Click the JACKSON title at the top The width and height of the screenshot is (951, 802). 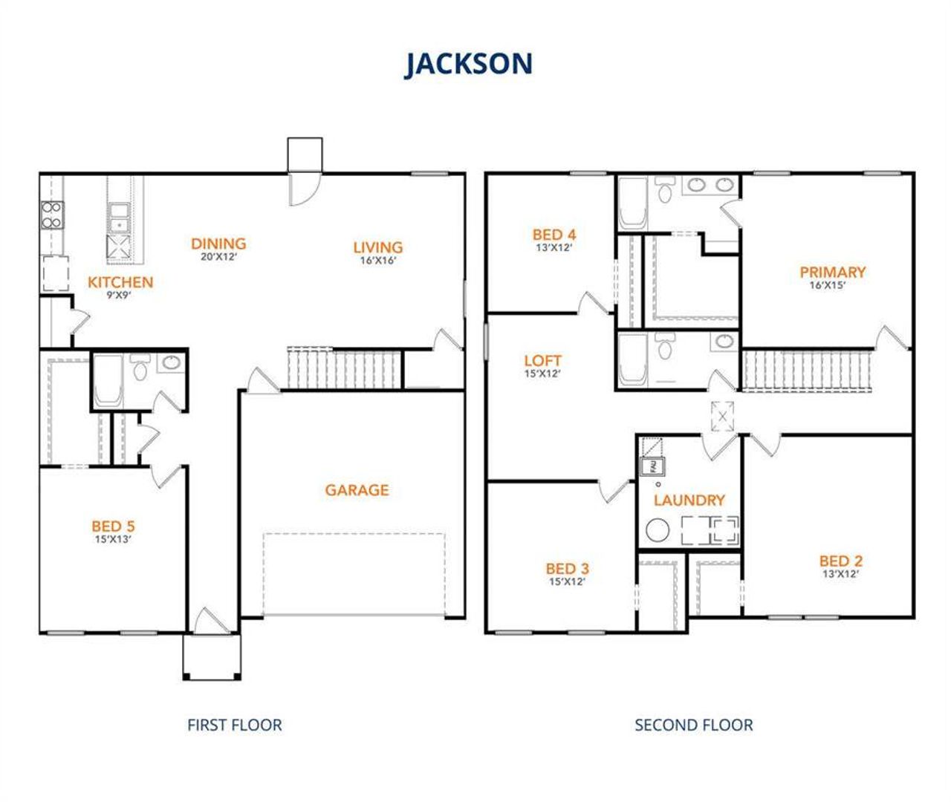469,64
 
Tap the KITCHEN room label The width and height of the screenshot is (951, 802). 120,282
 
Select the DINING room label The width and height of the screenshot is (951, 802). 218,244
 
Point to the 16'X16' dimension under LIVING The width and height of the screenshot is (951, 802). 377,261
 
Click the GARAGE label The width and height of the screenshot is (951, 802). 357,490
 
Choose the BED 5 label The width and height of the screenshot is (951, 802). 113,526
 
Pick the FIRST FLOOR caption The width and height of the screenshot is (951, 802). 234,725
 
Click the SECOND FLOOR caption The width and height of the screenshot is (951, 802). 693,725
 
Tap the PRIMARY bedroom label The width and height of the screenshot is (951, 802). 832,272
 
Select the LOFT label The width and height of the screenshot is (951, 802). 542,362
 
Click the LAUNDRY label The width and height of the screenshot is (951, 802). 689,501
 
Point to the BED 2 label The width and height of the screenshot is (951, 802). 841,561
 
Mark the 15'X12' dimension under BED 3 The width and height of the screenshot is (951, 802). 567,581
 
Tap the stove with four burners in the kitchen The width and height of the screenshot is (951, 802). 51,215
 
